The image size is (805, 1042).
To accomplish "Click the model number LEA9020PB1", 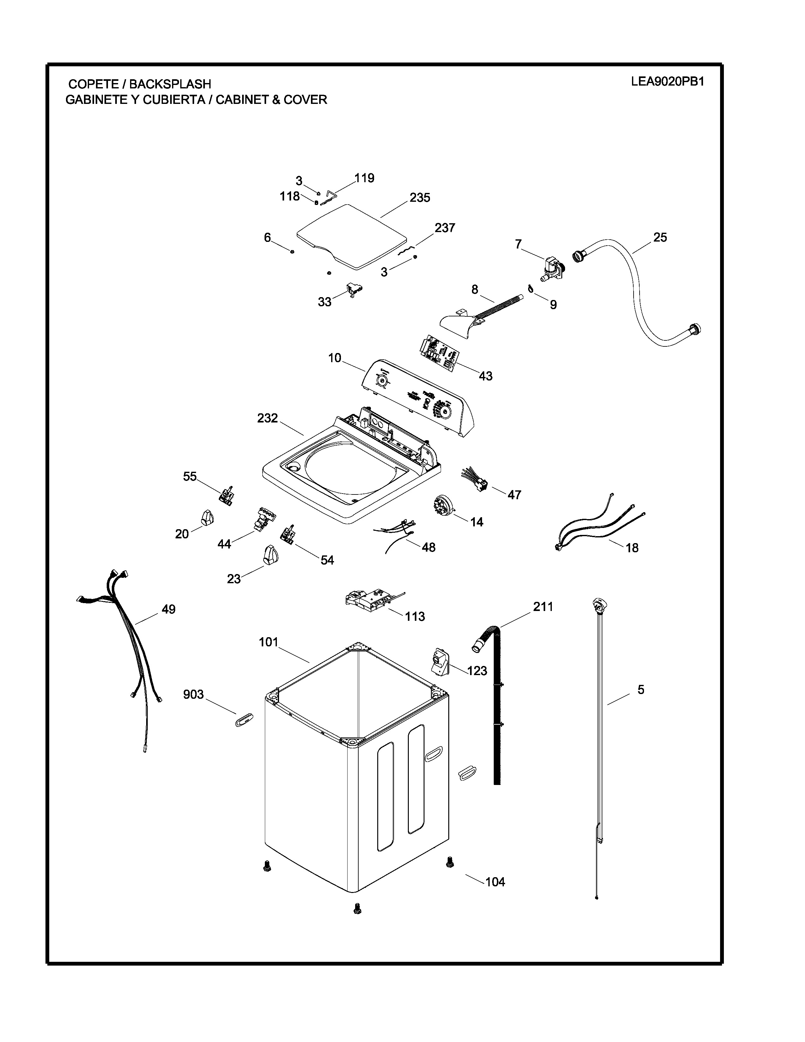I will [x=667, y=81].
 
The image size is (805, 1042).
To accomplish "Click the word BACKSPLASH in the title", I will [x=170, y=84].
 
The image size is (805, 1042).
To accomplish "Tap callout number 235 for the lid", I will [x=420, y=198].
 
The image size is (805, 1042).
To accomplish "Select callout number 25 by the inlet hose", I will [x=660, y=237].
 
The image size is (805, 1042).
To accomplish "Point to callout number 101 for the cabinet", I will [x=269, y=642].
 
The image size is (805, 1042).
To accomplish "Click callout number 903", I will [x=194, y=695].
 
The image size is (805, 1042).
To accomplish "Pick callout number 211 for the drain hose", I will [x=543, y=607].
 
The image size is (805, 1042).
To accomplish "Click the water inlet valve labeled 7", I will [x=552, y=269].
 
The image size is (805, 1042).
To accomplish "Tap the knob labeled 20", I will [x=206, y=517].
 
